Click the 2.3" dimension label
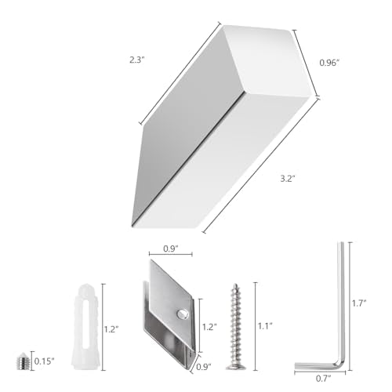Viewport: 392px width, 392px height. (137, 60)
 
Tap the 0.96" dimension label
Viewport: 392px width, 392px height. (329, 63)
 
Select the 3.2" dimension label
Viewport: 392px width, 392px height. (288, 179)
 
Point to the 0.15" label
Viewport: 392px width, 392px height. (44, 361)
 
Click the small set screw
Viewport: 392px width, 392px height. (23, 361)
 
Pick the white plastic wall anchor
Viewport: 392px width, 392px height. (85, 326)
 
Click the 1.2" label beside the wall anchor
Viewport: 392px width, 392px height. (111, 329)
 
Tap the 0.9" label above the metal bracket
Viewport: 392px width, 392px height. (171, 249)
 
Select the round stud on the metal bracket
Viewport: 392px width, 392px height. (183, 314)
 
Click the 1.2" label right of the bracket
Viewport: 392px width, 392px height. (209, 327)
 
